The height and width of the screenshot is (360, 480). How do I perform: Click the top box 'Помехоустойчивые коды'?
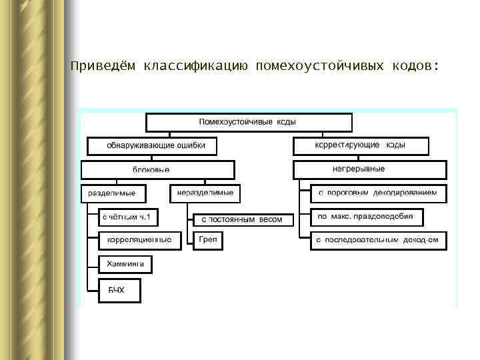(248, 123)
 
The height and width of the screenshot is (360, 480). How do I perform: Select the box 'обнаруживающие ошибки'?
(152, 145)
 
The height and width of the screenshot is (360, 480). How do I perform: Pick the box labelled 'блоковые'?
(157, 170)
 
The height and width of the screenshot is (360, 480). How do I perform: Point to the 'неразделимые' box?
(205, 193)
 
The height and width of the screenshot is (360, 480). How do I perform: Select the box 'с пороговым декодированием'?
(378, 193)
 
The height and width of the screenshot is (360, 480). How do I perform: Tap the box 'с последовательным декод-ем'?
(378, 240)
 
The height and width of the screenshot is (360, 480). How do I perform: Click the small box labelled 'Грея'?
(208, 240)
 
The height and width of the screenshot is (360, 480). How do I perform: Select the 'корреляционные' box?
(139, 240)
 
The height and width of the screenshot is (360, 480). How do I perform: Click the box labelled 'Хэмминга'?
(125, 265)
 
